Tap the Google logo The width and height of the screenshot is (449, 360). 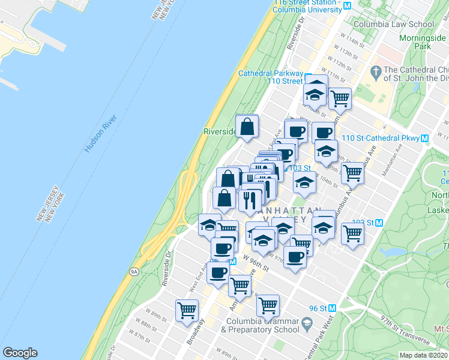20,353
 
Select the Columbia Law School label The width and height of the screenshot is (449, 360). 393,25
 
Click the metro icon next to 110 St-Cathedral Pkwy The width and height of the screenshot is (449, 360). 424,138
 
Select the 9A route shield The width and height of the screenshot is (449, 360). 133,271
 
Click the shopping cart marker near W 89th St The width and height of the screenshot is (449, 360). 187,310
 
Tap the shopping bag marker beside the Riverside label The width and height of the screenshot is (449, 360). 247,127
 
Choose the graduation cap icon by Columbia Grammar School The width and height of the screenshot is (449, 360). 307,325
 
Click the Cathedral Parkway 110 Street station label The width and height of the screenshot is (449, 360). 271,77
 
